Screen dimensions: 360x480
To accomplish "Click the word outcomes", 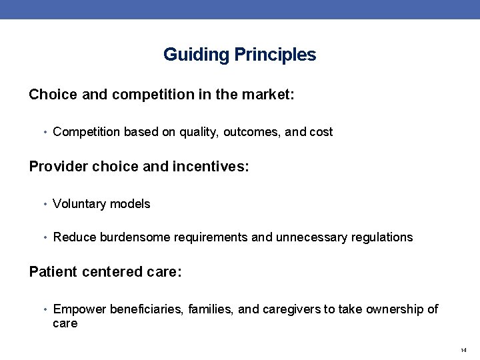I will click(252, 132).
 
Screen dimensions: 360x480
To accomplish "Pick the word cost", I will click(321, 132).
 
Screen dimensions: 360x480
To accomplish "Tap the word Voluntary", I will click(78, 204).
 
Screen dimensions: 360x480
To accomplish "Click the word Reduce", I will click(73, 237).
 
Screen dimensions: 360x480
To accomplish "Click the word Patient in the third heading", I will click(53, 271).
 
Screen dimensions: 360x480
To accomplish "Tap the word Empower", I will click(76, 309).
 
